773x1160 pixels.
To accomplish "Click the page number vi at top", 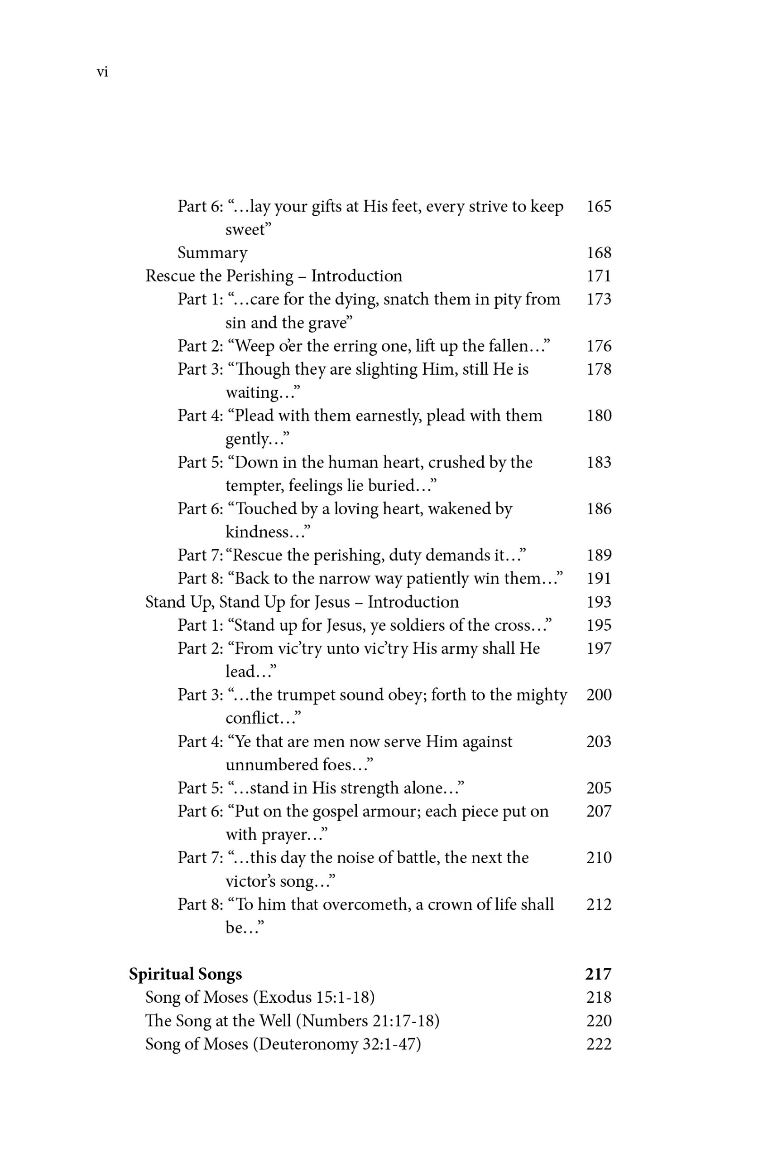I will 102,72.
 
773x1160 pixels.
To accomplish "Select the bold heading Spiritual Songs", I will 185,974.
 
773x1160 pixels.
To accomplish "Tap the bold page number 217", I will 598,974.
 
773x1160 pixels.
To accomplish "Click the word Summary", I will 212,253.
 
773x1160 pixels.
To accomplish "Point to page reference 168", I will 599,253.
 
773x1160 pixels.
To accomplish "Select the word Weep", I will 255,346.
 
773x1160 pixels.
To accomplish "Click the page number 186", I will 599,509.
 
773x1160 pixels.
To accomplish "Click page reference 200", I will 599,695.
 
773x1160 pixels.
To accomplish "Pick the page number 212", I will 599,904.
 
